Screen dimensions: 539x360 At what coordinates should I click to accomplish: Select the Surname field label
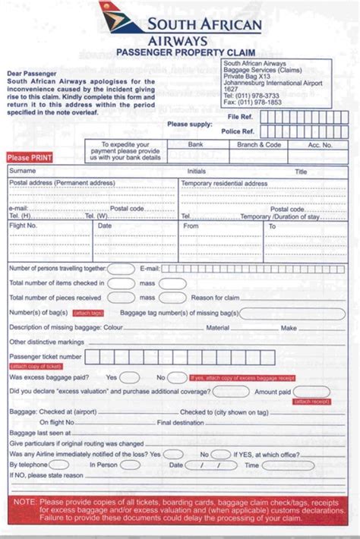[x=22, y=172]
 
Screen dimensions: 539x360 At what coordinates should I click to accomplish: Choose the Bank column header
[x=196, y=143]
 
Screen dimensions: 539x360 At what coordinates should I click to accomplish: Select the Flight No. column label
[x=23, y=225]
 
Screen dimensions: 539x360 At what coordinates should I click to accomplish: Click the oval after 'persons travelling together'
[x=120, y=269]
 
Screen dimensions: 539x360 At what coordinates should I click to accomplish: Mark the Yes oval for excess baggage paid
[x=130, y=377]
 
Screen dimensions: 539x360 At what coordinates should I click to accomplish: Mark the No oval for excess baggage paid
[x=177, y=377]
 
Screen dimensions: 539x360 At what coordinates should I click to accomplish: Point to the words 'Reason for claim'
[x=216, y=298]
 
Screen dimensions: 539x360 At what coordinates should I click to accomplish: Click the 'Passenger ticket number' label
[x=45, y=355]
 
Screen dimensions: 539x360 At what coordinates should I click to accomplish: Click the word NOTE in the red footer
[x=25, y=501]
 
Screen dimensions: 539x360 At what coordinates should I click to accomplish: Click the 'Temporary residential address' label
[x=224, y=183]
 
